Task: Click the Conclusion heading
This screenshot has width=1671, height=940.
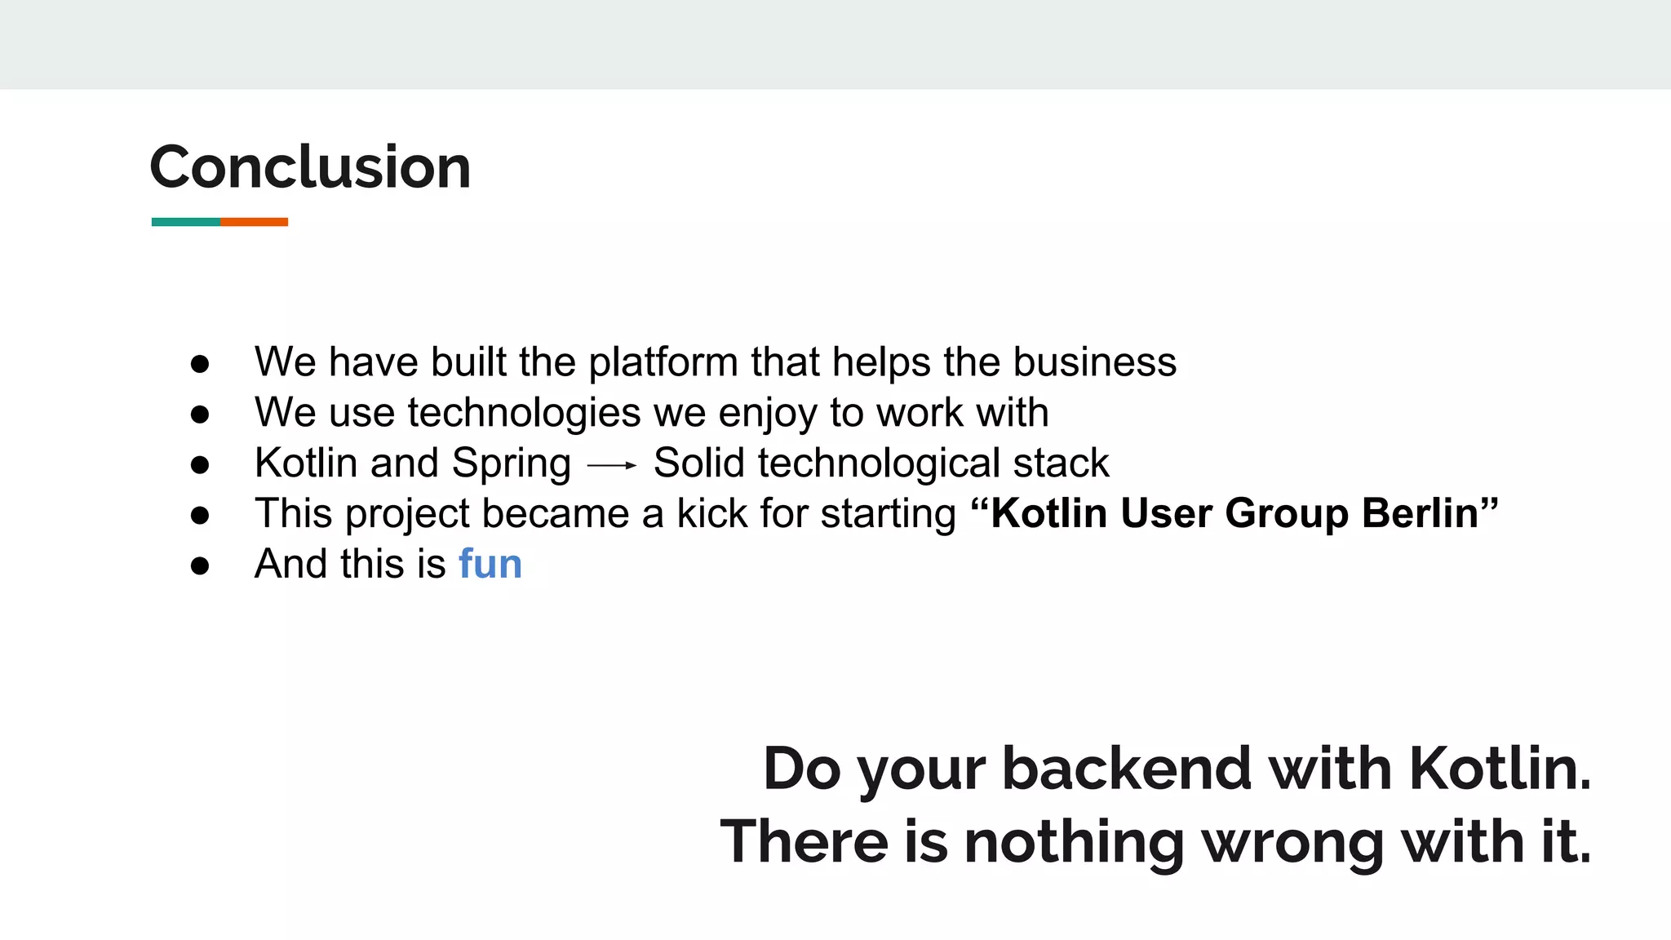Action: pyautogui.click(x=310, y=167)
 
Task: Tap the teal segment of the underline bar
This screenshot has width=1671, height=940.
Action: pyautogui.click(x=185, y=222)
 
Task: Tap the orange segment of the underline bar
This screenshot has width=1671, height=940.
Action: pyautogui.click(x=254, y=222)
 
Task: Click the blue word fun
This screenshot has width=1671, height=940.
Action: pyautogui.click(x=490, y=564)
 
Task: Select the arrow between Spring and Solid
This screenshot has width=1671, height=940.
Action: pyautogui.click(x=611, y=465)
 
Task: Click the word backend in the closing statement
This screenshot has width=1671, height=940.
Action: pyautogui.click(x=1126, y=769)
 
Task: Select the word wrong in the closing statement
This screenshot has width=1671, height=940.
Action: pyautogui.click(x=1292, y=843)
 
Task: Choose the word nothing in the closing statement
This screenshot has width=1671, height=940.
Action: pyautogui.click(x=1074, y=843)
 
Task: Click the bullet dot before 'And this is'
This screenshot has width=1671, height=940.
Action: pyautogui.click(x=200, y=565)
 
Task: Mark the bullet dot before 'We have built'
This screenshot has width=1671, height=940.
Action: pyautogui.click(x=200, y=364)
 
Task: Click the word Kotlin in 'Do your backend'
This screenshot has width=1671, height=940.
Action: pyautogui.click(x=1500, y=769)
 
